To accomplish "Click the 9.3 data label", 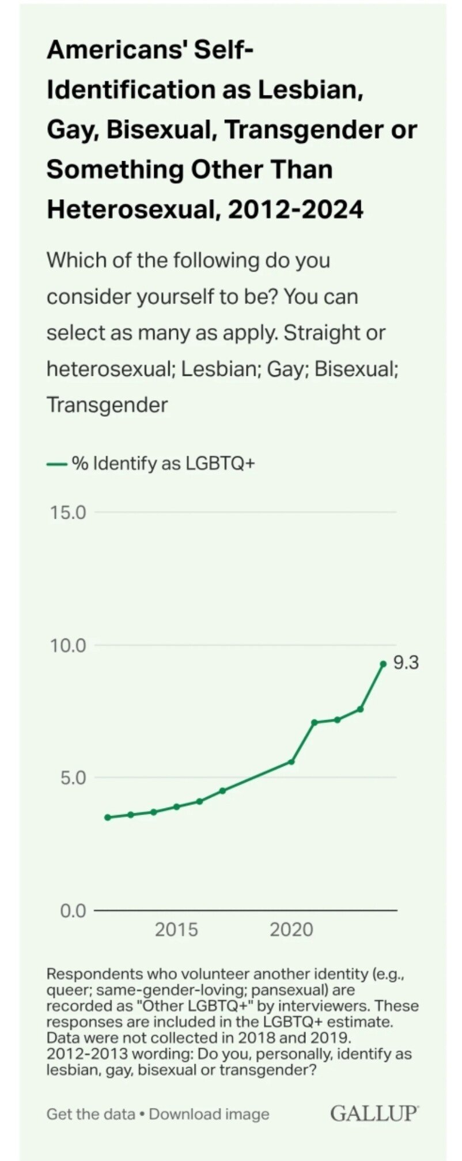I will tap(406, 663).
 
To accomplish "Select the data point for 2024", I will tap(383, 664).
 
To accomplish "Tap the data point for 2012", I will tap(107, 817).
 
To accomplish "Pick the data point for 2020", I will tap(291, 762).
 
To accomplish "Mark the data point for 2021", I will tap(315, 722).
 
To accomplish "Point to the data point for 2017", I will tap(222, 790).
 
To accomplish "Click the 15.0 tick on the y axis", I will tap(67, 512).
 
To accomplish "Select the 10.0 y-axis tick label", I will tap(67, 645).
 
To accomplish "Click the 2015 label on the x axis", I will tap(176, 930).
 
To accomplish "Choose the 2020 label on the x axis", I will tap(291, 930).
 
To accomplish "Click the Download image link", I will tap(209, 1114).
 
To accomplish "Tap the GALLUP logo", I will tap(374, 1113).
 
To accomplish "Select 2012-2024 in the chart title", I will tap(296, 208).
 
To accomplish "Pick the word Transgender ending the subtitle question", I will tap(107, 405).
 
